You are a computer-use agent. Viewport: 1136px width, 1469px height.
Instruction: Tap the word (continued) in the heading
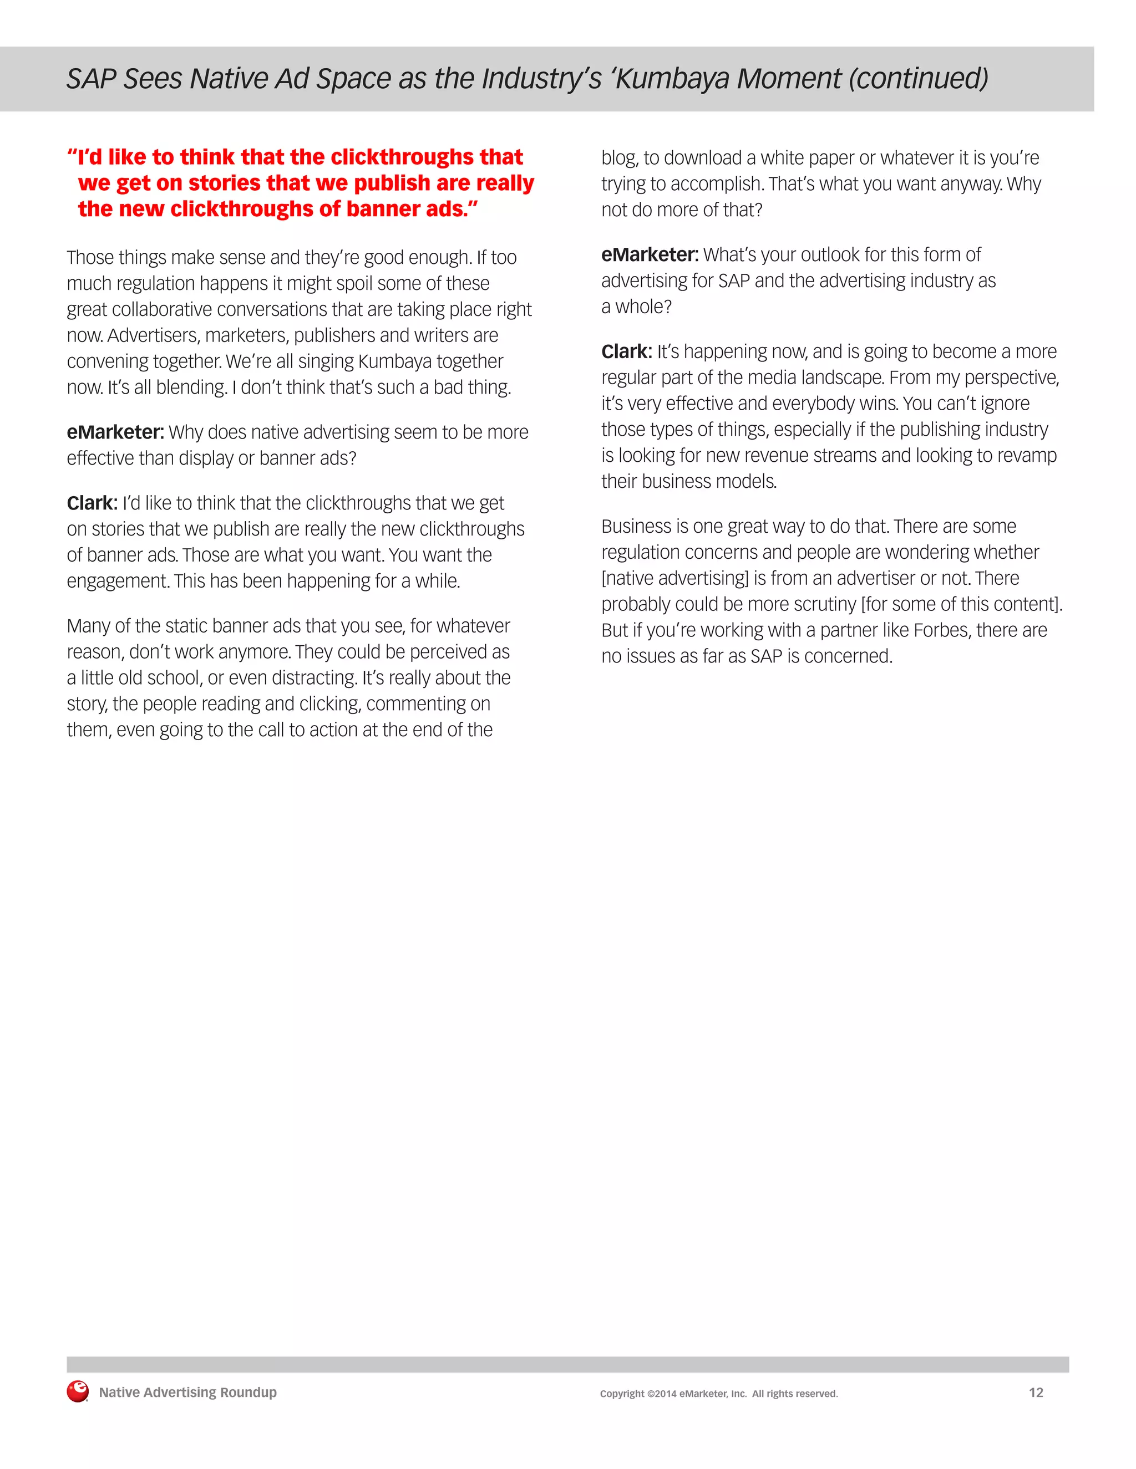click(x=918, y=79)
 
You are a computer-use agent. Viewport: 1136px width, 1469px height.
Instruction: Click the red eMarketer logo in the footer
click(x=78, y=1391)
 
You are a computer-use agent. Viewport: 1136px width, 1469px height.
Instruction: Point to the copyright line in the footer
click(x=719, y=1394)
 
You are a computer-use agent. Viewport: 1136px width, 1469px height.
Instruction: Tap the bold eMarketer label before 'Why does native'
click(x=115, y=432)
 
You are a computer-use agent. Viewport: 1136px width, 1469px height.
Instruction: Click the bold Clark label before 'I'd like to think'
click(x=92, y=503)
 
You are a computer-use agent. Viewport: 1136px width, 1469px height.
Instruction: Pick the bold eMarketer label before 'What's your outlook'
click(x=650, y=255)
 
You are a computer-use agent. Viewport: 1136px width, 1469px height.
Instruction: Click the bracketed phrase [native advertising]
click(x=674, y=578)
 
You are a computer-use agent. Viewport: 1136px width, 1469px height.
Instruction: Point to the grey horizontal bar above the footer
click(x=567, y=1364)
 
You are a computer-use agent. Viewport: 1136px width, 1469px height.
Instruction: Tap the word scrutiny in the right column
click(x=824, y=605)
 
